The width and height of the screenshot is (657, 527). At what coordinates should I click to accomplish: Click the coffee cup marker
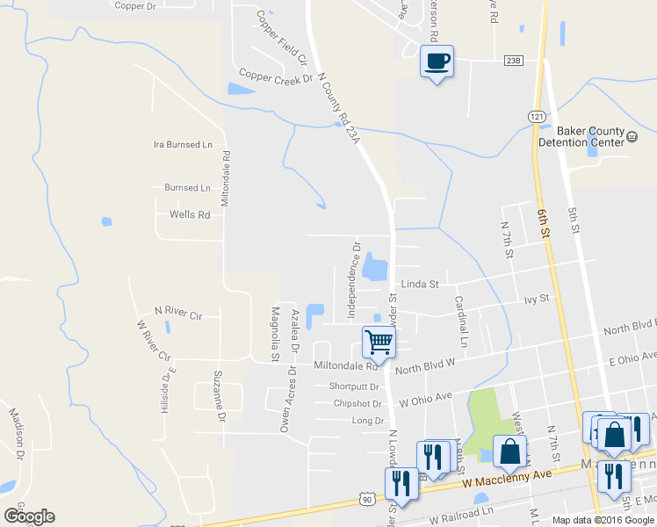[x=437, y=61]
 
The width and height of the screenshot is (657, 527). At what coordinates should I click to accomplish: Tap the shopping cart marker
[x=378, y=341]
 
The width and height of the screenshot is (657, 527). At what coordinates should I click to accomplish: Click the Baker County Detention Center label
[x=580, y=136]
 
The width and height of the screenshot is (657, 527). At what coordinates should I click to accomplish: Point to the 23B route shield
[x=514, y=60]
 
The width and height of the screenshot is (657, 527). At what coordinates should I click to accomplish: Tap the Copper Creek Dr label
[x=275, y=77]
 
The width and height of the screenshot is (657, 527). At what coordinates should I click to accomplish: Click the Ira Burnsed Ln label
[x=183, y=144]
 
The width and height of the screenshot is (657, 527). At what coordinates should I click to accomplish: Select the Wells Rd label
[x=190, y=214]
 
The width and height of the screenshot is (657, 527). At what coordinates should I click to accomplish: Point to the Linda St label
[x=419, y=284]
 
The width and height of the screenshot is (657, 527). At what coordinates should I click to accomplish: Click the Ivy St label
[x=536, y=299]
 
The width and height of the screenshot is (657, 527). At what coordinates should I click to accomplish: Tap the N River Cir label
[x=177, y=312]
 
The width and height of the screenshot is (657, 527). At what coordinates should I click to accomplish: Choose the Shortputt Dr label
[x=353, y=386]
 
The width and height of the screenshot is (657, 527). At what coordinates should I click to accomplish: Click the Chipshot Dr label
[x=357, y=404]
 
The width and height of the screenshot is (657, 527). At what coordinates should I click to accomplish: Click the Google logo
[x=29, y=516]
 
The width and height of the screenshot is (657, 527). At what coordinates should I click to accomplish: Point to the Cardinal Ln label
[x=460, y=313]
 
